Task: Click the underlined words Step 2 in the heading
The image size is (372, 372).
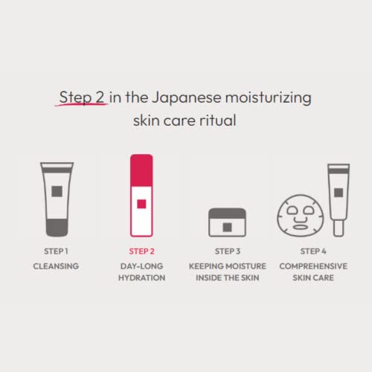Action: coord(83,98)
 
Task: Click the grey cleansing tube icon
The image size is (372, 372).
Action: coord(57,198)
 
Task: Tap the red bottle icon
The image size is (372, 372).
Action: coord(141,195)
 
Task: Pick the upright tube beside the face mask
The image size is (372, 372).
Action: coord(338,196)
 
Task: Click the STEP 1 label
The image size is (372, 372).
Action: coord(57,251)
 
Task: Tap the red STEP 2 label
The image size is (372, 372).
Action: coord(141,251)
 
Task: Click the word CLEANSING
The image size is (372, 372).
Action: coord(57,265)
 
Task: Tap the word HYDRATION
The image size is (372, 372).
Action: coord(141,278)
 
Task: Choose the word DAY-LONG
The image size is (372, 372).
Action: coord(141,265)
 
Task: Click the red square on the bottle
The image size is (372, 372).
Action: coord(141,203)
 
